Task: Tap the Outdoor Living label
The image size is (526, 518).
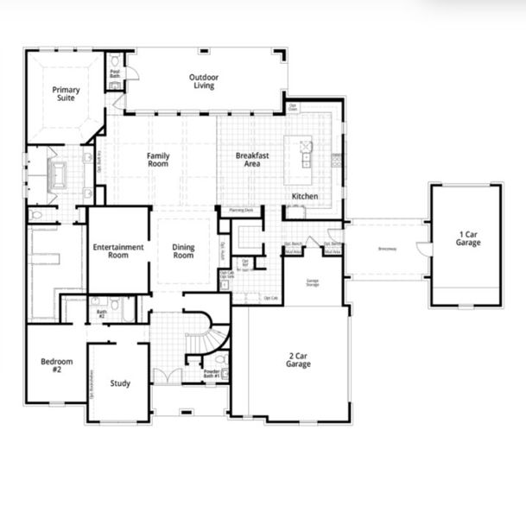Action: coord(204,81)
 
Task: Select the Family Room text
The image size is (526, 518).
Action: coord(157,160)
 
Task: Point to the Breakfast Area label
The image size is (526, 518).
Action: coord(252,160)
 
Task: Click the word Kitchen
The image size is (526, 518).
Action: coord(304,197)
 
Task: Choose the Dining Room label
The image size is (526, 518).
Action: coord(183,251)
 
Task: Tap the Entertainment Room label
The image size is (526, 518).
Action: coord(117,251)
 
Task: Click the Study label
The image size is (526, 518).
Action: coord(120,383)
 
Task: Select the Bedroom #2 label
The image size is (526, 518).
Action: coord(56,365)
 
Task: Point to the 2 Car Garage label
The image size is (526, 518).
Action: coord(299,360)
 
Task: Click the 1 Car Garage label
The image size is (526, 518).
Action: coord(469,237)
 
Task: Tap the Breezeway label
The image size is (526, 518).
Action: coord(388,250)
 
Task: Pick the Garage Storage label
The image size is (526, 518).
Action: coord(313,281)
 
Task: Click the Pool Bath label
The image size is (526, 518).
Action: coord(115,74)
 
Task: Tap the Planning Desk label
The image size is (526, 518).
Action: coord(241,210)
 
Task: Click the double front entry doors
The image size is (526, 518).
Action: coord(168,376)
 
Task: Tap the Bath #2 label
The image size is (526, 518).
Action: coord(101,314)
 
